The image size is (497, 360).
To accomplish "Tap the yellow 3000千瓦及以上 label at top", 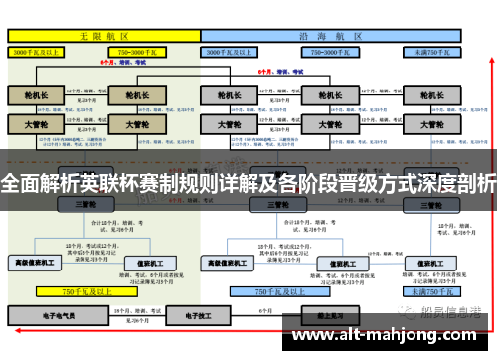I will [37, 50].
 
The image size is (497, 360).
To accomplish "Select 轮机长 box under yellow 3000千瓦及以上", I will [37, 96].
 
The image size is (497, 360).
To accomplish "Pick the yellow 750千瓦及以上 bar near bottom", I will [83, 292].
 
